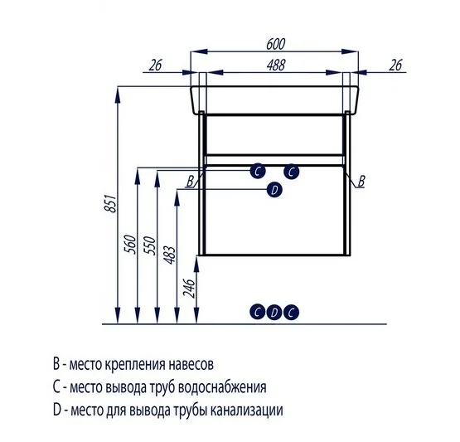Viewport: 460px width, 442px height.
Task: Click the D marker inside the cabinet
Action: tap(274, 190)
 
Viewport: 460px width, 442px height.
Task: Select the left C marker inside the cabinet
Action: tap(259, 172)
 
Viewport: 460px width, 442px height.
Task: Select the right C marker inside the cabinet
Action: tap(291, 172)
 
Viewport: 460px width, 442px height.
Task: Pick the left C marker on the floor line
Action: tap(259, 312)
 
